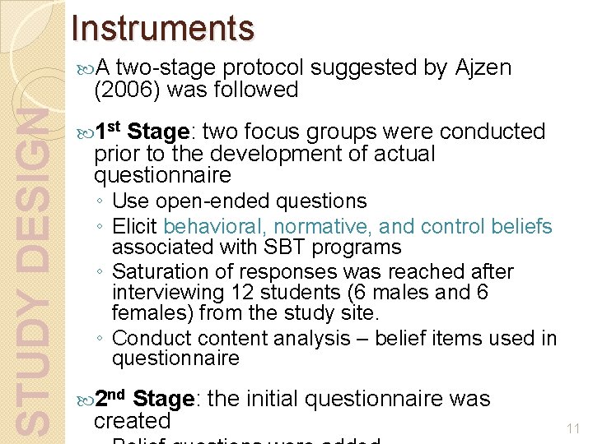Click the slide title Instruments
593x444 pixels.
(163, 28)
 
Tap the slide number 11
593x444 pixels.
(573, 428)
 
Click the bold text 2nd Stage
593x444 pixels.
(145, 400)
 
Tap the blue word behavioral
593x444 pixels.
(215, 226)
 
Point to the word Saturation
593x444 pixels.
(155, 271)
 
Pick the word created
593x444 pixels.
(132, 421)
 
